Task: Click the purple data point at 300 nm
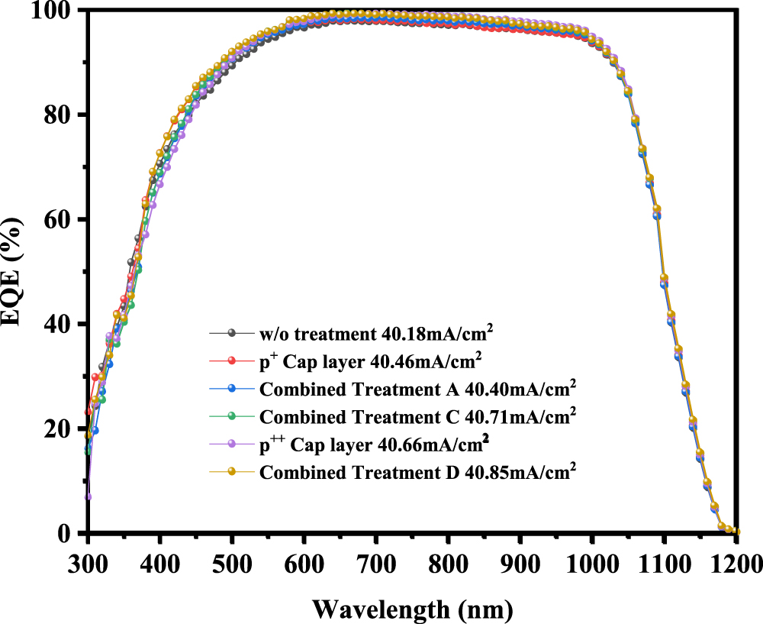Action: [x=89, y=496]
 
